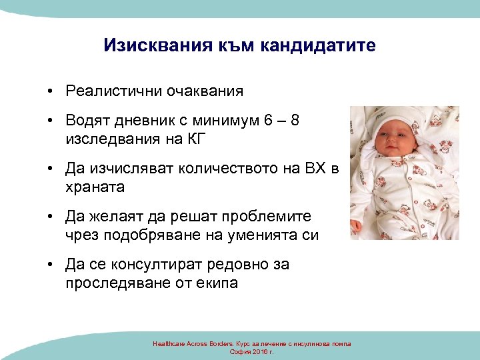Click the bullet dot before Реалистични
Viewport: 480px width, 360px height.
click(51, 91)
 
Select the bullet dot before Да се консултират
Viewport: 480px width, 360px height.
click(51, 265)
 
